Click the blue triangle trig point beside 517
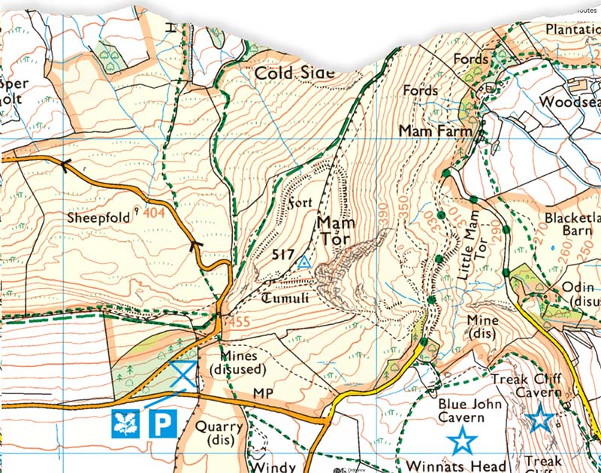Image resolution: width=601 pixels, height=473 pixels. coord(304,262)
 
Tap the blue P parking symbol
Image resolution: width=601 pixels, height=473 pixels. coord(162,424)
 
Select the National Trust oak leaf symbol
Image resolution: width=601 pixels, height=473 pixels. coord(125,424)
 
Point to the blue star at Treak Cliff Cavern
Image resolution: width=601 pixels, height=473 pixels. coord(539,419)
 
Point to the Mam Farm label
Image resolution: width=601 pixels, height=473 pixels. coord(435,131)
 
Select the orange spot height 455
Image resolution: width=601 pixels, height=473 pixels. coord(238,322)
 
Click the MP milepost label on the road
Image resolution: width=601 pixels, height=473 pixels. coord(261,395)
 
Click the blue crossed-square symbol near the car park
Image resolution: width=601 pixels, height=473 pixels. coord(183,373)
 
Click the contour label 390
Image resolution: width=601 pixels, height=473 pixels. coord(385,216)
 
